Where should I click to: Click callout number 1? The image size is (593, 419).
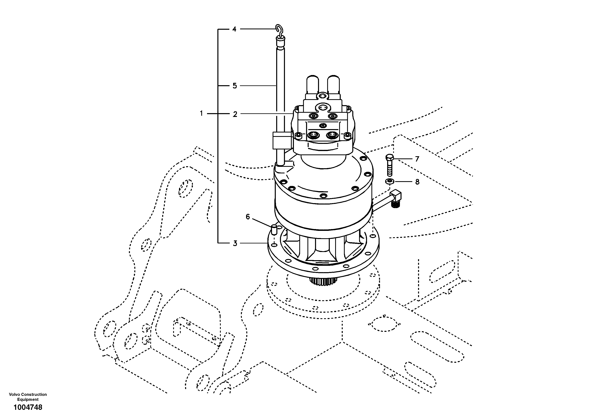pos(201,113)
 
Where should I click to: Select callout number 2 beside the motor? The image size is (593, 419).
pos(235,114)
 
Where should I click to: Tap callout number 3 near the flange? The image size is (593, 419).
pos(235,243)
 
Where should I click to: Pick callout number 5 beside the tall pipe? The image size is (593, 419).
pos(235,86)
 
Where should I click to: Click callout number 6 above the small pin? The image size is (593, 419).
pos(248,217)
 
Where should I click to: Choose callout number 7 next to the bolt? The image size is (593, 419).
pos(417,159)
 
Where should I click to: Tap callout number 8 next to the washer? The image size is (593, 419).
pos(417,182)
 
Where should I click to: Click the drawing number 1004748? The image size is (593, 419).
pos(28,408)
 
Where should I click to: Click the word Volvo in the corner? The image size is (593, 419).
pos(15,394)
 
